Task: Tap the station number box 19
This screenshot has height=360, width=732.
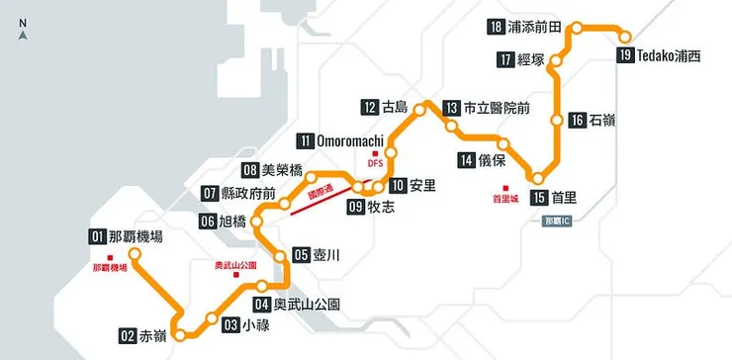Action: coord(624,55)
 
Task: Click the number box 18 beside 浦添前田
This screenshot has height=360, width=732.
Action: coord(497,27)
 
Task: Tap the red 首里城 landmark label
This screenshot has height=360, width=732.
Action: coord(504,199)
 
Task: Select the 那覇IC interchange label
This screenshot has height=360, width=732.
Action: coord(558,222)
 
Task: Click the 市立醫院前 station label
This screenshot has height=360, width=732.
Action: coord(498,108)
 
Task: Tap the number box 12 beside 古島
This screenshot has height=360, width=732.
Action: coord(370,107)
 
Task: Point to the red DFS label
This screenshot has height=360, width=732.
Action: coord(375,163)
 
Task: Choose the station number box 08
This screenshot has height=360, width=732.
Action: coord(250,169)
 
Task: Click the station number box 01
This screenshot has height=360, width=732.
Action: coord(97,236)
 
